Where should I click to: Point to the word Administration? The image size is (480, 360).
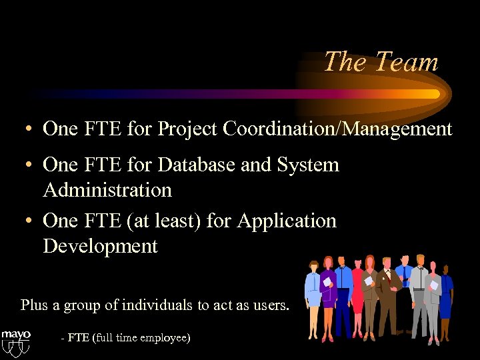coord(107,190)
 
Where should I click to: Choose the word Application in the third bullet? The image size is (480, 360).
coord(287,221)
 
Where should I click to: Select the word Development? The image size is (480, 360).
coord(100,246)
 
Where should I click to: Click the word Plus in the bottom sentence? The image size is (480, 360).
coord(34,305)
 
